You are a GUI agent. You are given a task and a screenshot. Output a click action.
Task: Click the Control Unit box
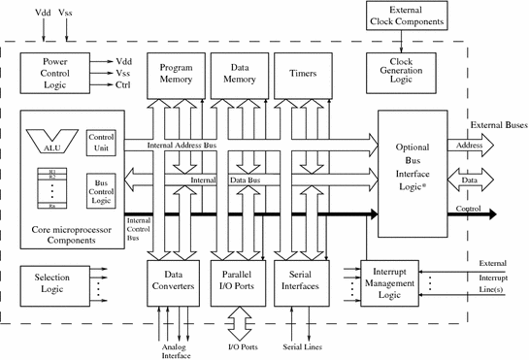coord(102,142)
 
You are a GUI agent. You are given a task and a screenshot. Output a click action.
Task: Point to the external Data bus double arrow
coord(471,180)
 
